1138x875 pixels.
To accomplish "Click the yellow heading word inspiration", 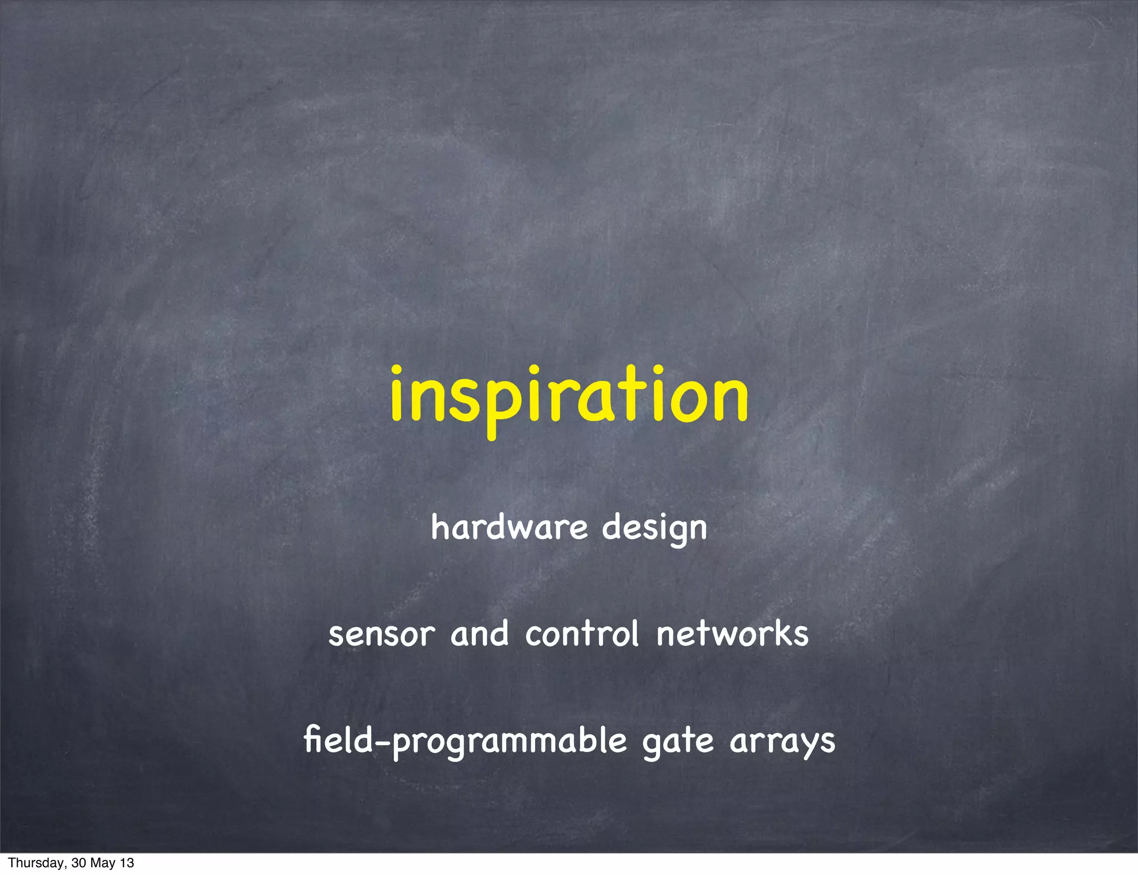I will pos(569,395).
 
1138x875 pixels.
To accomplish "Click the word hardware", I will pos(509,527).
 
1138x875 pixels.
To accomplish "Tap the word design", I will pos(655,529).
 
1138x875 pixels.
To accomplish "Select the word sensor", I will pos(382,635).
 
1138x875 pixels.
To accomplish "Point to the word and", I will pos(480,633).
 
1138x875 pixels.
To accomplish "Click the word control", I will pos(582,633).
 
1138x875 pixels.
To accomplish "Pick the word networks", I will pos(732,633).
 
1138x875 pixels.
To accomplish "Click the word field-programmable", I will pos(465,741).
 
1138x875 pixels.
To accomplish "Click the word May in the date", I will pos(104,863).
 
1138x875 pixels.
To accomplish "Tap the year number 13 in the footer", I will pos(127,863).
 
